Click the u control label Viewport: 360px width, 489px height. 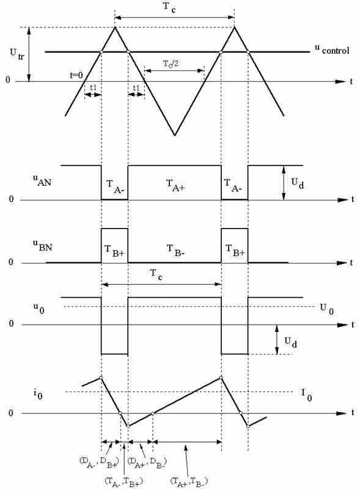(x=332, y=50)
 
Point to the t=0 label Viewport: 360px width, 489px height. (x=76, y=75)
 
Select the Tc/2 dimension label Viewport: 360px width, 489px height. (x=171, y=64)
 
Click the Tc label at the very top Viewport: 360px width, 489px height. (x=169, y=7)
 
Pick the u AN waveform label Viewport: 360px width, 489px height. (x=42, y=181)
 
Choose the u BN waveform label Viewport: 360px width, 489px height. (x=43, y=246)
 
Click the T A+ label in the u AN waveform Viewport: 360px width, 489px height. (x=175, y=186)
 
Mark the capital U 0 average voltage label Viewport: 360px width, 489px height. (x=326, y=309)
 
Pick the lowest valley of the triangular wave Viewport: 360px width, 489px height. (x=175, y=135)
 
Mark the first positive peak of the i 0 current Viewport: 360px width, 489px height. (x=101, y=378)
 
